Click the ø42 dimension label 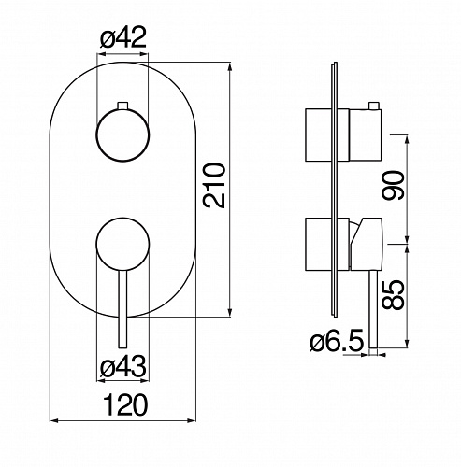[123, 38]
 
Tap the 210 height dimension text [214, 186]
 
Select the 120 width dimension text [126, 404]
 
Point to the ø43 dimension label [123, 366]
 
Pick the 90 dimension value [393, 185]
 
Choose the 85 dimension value [393, 295]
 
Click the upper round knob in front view [122, 135]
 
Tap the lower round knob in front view [122, 244]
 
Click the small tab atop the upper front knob [122, 106]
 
